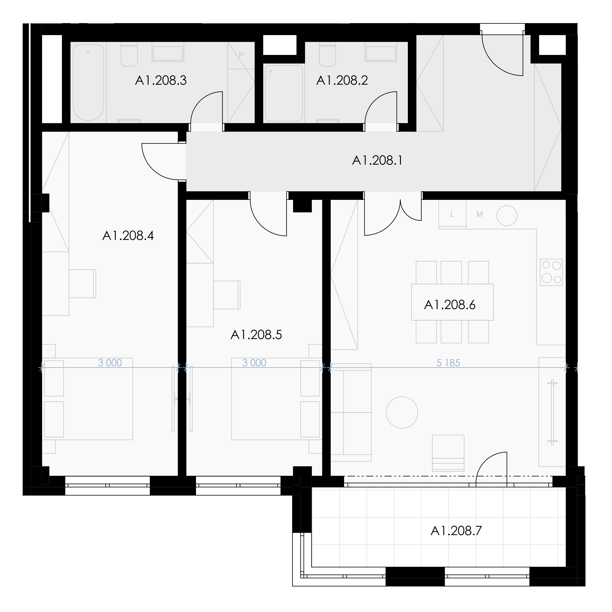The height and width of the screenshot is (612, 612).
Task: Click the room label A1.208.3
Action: click(161, 80)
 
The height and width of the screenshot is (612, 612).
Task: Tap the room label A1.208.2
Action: click(342, 80)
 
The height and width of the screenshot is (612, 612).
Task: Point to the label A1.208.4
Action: click(128, 236)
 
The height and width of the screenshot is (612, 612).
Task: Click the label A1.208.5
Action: click(256, 335)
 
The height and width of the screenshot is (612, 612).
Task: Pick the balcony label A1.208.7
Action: click(456, 531)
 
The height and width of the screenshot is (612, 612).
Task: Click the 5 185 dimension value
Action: click(448, 363)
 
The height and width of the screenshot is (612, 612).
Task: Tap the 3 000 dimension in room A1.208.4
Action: click(110, 363)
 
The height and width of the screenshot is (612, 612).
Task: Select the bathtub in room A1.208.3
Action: click(88, 82)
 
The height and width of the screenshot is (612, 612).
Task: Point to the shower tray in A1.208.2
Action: click(284, 93)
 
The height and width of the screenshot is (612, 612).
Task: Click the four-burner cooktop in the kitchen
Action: click(551, 272)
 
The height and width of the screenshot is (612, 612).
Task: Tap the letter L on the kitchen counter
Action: click(452, 214)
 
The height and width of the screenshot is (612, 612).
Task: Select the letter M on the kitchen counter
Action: click(480, 214)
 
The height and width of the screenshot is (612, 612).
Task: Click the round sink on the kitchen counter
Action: click(507, 216)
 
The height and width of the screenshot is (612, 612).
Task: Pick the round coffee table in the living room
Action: click(402, 412)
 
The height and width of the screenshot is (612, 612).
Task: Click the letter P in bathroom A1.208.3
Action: click(241, 55)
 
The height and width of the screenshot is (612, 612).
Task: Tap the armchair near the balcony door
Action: click(448, 453)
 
